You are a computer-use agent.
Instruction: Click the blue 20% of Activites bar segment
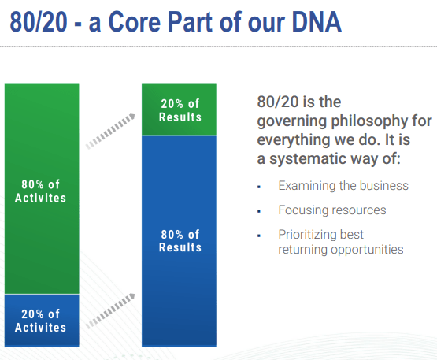(40, 320)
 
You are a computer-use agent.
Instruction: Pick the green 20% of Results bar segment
(180, 109)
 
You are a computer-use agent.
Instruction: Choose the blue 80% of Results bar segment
(180, 240)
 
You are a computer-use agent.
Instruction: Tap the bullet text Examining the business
(343, 186)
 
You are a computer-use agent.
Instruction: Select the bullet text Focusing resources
(331, 210)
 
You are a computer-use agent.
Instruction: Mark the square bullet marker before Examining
(259, 187)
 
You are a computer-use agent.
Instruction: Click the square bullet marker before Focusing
(259, 211)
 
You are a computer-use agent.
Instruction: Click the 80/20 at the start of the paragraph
(276, 102)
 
